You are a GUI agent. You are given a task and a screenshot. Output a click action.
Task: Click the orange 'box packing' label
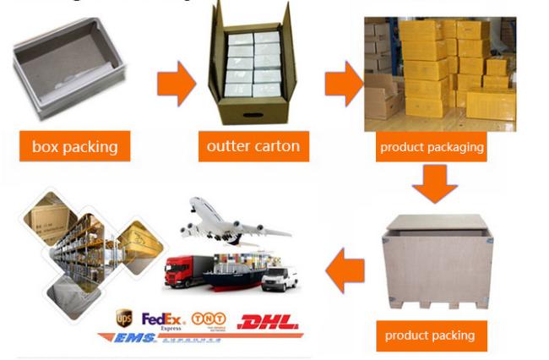click(74, 147)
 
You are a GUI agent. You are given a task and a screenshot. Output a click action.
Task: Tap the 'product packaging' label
click(432, 146)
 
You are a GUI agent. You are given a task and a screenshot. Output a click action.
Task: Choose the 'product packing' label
click(430, 335)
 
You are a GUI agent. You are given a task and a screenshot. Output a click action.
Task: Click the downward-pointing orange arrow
click(435, 183)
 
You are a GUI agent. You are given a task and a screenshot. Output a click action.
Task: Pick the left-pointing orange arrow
click(345, 268)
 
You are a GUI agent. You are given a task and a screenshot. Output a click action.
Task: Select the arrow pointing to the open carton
click(175, 84)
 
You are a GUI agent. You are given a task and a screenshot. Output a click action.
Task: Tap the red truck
click(186, 272)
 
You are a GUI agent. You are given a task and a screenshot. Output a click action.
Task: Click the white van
click(280, 278)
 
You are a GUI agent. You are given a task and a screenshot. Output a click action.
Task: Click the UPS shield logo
click(124, 319)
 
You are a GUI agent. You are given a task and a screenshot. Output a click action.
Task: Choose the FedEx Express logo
click(162, 319)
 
